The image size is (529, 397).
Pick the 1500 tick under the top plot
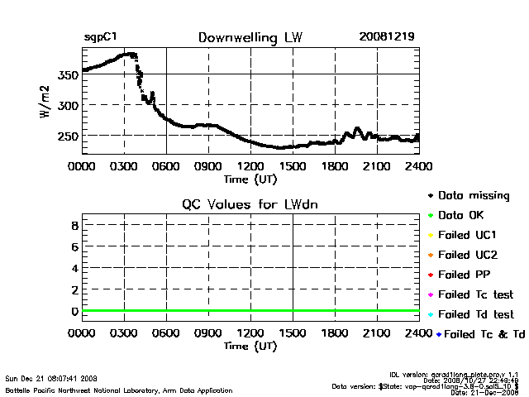[293, 166]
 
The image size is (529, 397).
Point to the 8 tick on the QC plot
[74, 225]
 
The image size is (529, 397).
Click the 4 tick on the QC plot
[74, 268]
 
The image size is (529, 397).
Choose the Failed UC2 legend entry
[466, 255]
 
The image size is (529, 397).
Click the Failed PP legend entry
[464, 275]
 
